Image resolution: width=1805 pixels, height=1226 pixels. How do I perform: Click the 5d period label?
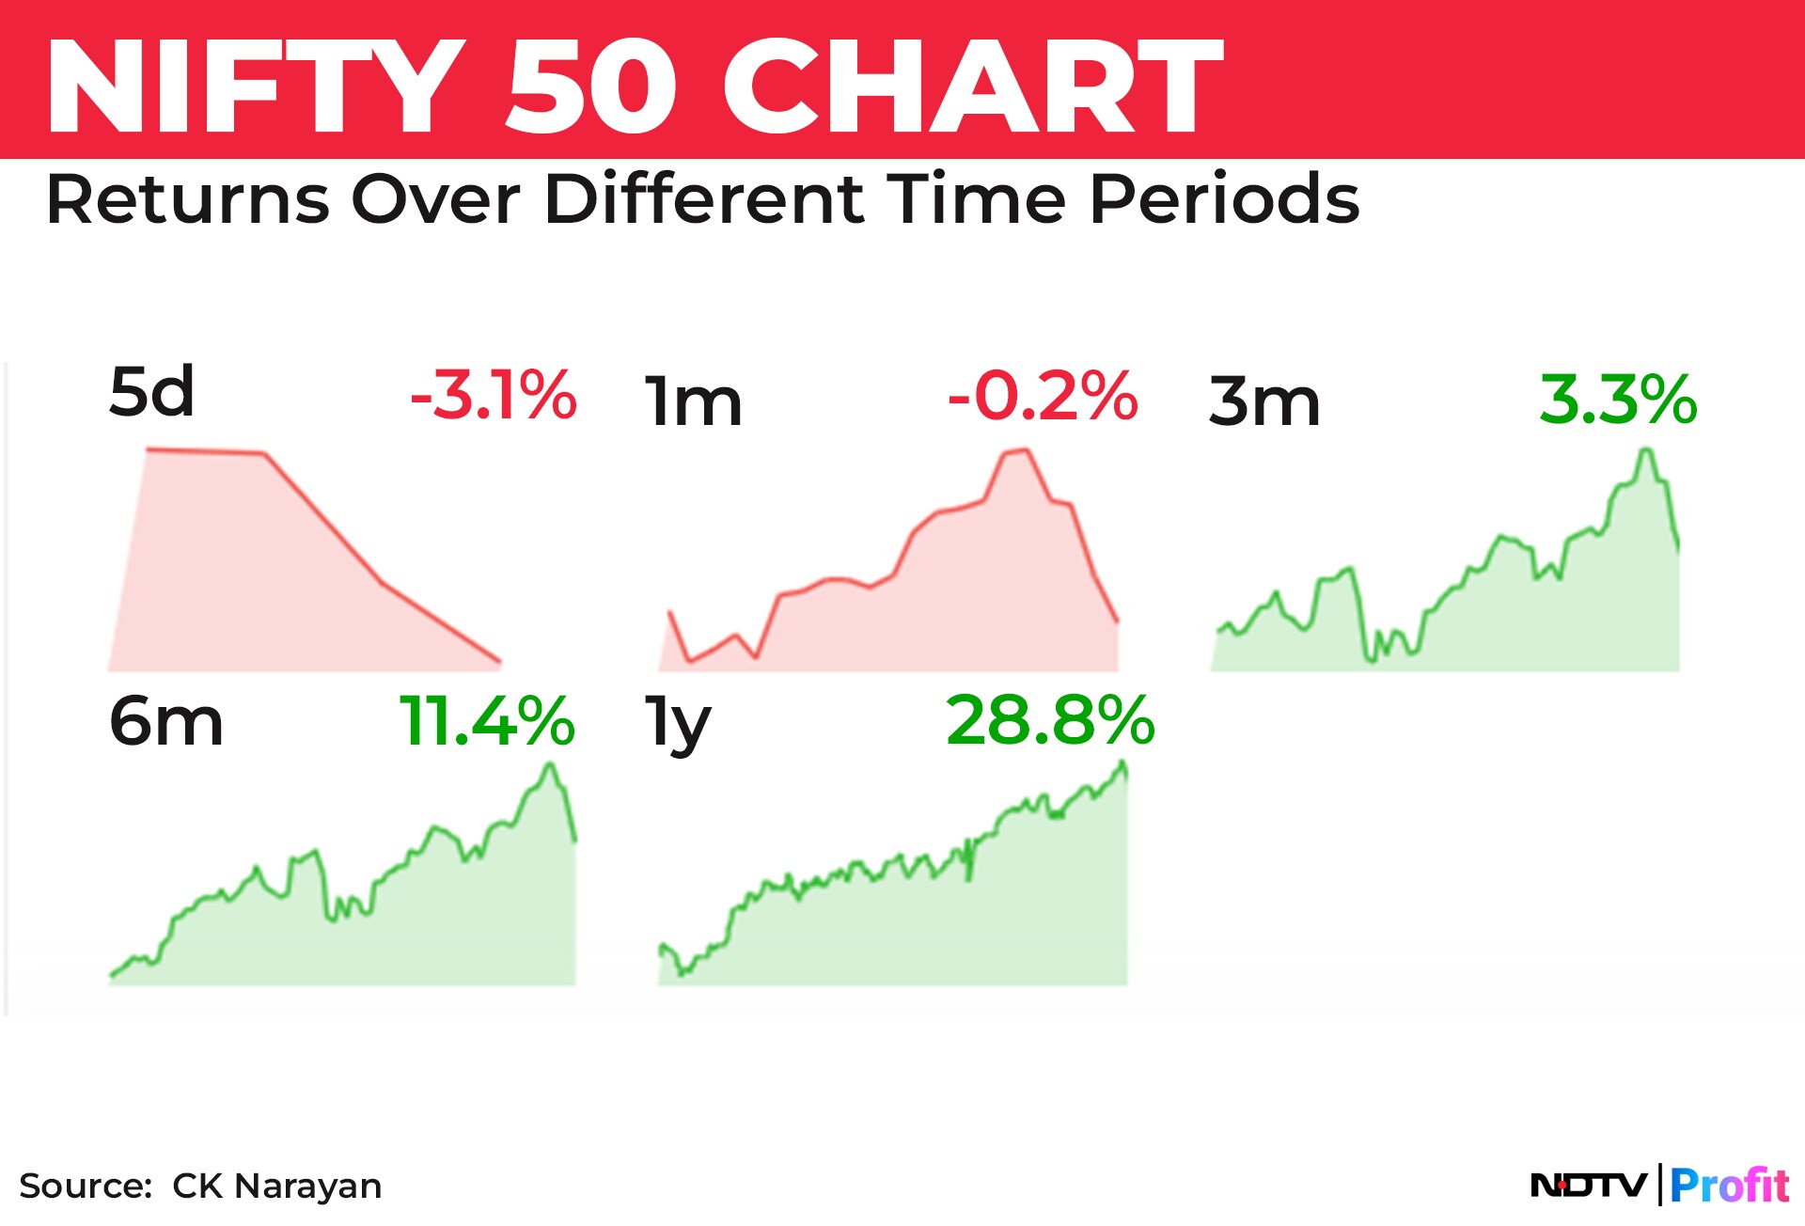(151, 391)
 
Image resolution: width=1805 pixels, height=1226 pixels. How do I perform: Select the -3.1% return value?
(494, 395)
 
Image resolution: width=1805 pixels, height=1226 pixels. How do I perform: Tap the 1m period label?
(694, 401)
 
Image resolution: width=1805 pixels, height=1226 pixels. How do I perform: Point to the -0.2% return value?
(1044, 396)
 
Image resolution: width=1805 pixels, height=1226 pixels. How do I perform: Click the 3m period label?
(1264, 401)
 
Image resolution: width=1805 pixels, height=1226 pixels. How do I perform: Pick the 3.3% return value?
(1619, 400)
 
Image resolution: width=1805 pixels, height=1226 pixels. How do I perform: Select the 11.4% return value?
(487, 721)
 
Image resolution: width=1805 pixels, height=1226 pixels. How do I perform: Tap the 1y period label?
(678, 725)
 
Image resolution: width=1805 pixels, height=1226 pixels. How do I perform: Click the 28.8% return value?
(1051, 721)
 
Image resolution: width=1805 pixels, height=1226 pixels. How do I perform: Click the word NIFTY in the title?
(256, 86)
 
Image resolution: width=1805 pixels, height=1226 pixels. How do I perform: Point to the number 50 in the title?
(591, 86)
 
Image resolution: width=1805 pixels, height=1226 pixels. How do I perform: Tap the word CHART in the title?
(972, 86)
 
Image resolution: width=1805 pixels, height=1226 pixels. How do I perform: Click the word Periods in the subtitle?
(1224, 199)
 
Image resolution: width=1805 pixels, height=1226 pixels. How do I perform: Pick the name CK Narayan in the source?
(277, 1187)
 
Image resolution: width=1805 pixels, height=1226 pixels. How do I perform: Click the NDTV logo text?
(1589, 1185)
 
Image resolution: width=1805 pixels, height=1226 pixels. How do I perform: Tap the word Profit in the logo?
(1730, 1185)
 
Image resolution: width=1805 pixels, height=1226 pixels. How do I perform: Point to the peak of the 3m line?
(1646, 449)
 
